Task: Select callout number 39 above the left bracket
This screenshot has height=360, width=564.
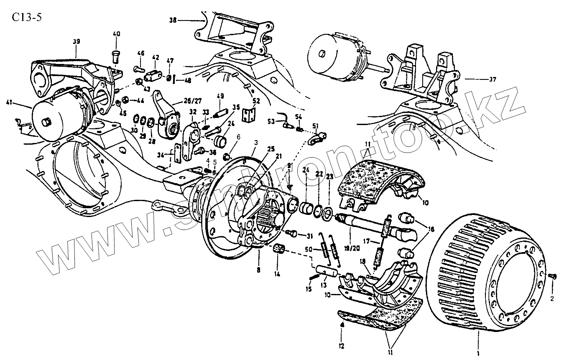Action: click(76, 41)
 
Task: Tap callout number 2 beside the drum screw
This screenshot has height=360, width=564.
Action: click(552, 299)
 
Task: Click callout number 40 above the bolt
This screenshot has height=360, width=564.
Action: click(116, 33)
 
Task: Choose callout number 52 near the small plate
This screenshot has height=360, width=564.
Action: click(256, 100)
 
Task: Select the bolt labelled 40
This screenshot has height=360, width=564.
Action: click(116, 55)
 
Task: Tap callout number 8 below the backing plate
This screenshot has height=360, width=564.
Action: click(258, 270)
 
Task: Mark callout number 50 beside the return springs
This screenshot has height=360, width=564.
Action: click(309, 249)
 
